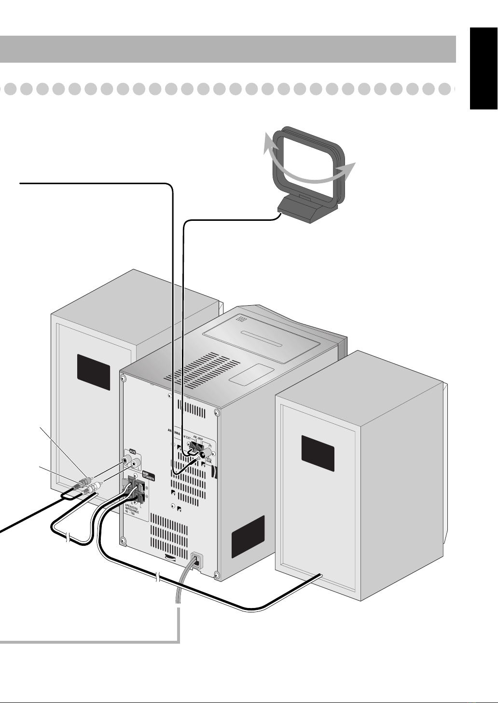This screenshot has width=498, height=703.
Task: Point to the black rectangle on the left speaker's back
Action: click(x=93, y=372)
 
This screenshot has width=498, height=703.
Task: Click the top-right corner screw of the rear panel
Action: click(x=217, y=413)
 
